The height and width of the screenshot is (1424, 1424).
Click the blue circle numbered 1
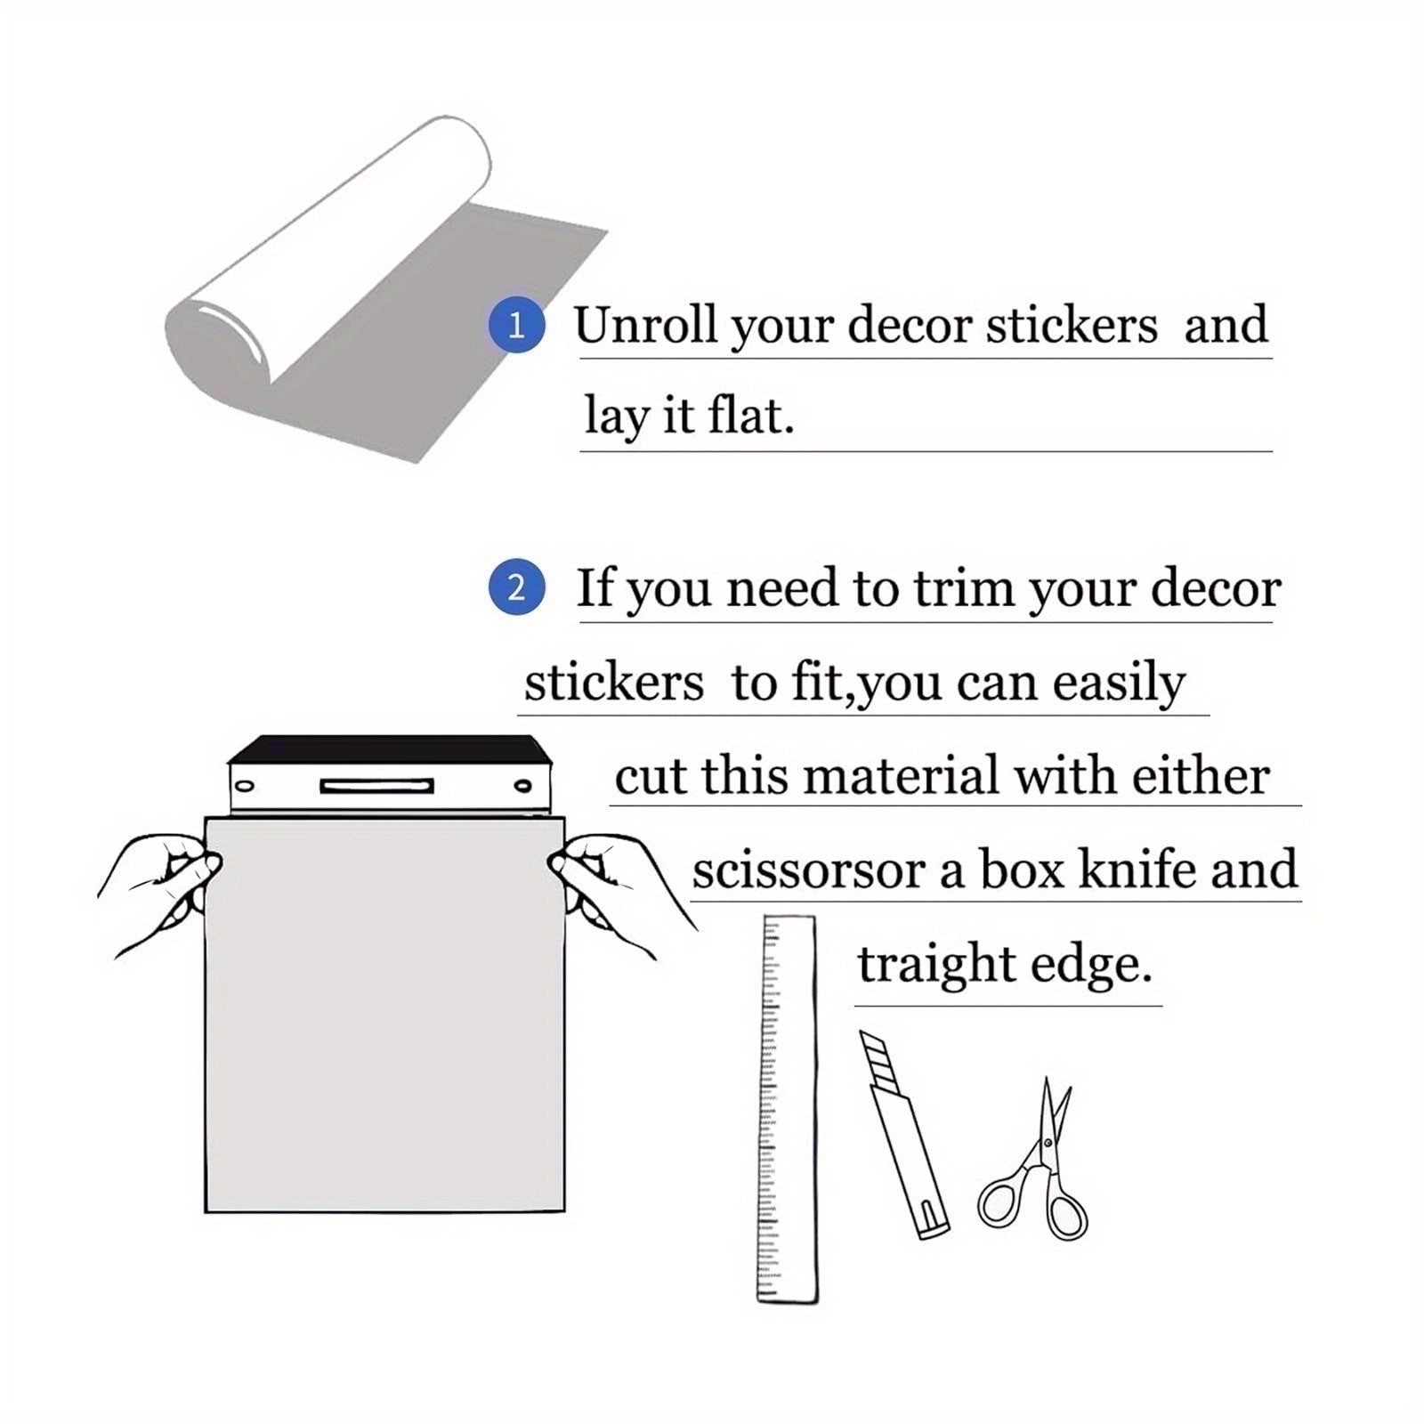pos(516,326)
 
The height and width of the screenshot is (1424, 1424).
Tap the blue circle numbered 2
pos(516,588)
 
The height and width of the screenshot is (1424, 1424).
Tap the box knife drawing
pos(902,1134)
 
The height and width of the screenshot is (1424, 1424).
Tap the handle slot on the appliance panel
pos(376,786)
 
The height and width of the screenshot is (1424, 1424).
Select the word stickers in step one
pos(1072,324)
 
